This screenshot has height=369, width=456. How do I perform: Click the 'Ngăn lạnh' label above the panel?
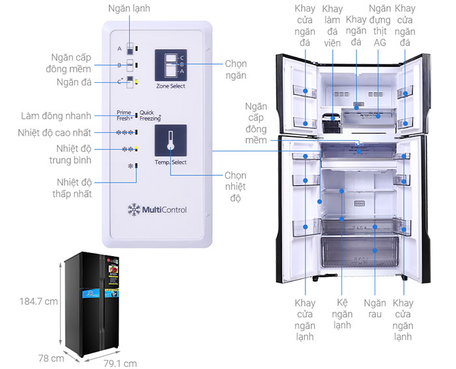130,10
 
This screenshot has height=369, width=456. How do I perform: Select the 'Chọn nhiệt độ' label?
235,186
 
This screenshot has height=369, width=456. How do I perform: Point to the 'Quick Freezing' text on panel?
150,115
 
